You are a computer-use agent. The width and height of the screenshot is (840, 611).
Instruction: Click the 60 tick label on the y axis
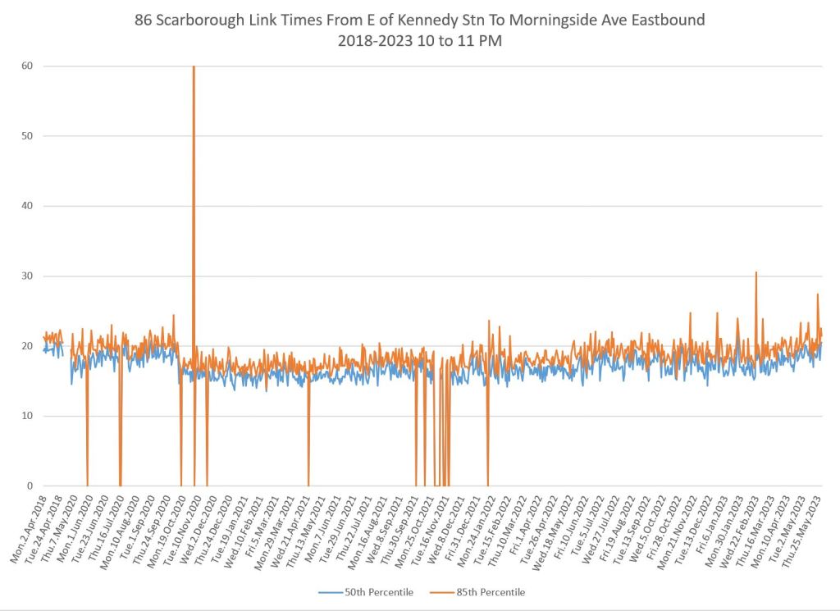(28, 66)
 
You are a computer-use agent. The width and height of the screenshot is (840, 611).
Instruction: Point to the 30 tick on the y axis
(28, 276)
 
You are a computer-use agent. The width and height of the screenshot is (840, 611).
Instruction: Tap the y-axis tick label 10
(28, 416)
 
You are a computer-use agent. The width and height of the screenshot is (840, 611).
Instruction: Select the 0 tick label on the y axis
(30, 486)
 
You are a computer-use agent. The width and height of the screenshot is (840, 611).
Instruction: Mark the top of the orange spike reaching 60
(194, 67)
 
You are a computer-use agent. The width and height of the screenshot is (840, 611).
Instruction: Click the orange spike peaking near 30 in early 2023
(756, 273)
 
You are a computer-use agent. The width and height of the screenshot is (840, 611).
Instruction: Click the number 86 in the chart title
(144, 21)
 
